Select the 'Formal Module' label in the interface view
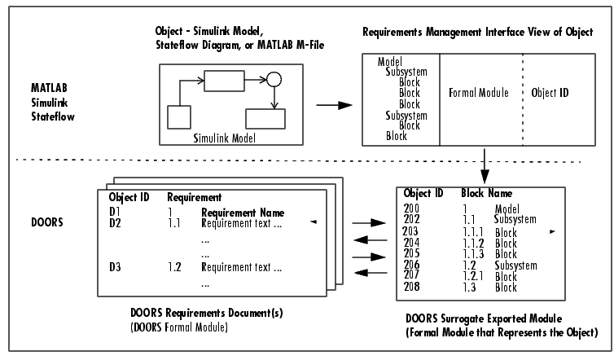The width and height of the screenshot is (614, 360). click(x=479, y=94)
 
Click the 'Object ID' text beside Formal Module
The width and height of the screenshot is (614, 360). click(x=550, y=94)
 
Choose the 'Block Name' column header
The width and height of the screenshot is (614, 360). click(x=486, y=194)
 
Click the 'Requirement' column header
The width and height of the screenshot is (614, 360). click(x=195, y=197)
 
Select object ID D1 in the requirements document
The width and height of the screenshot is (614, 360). click(x=115, y=211)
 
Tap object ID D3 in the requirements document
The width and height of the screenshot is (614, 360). click(x=115, y=267)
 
